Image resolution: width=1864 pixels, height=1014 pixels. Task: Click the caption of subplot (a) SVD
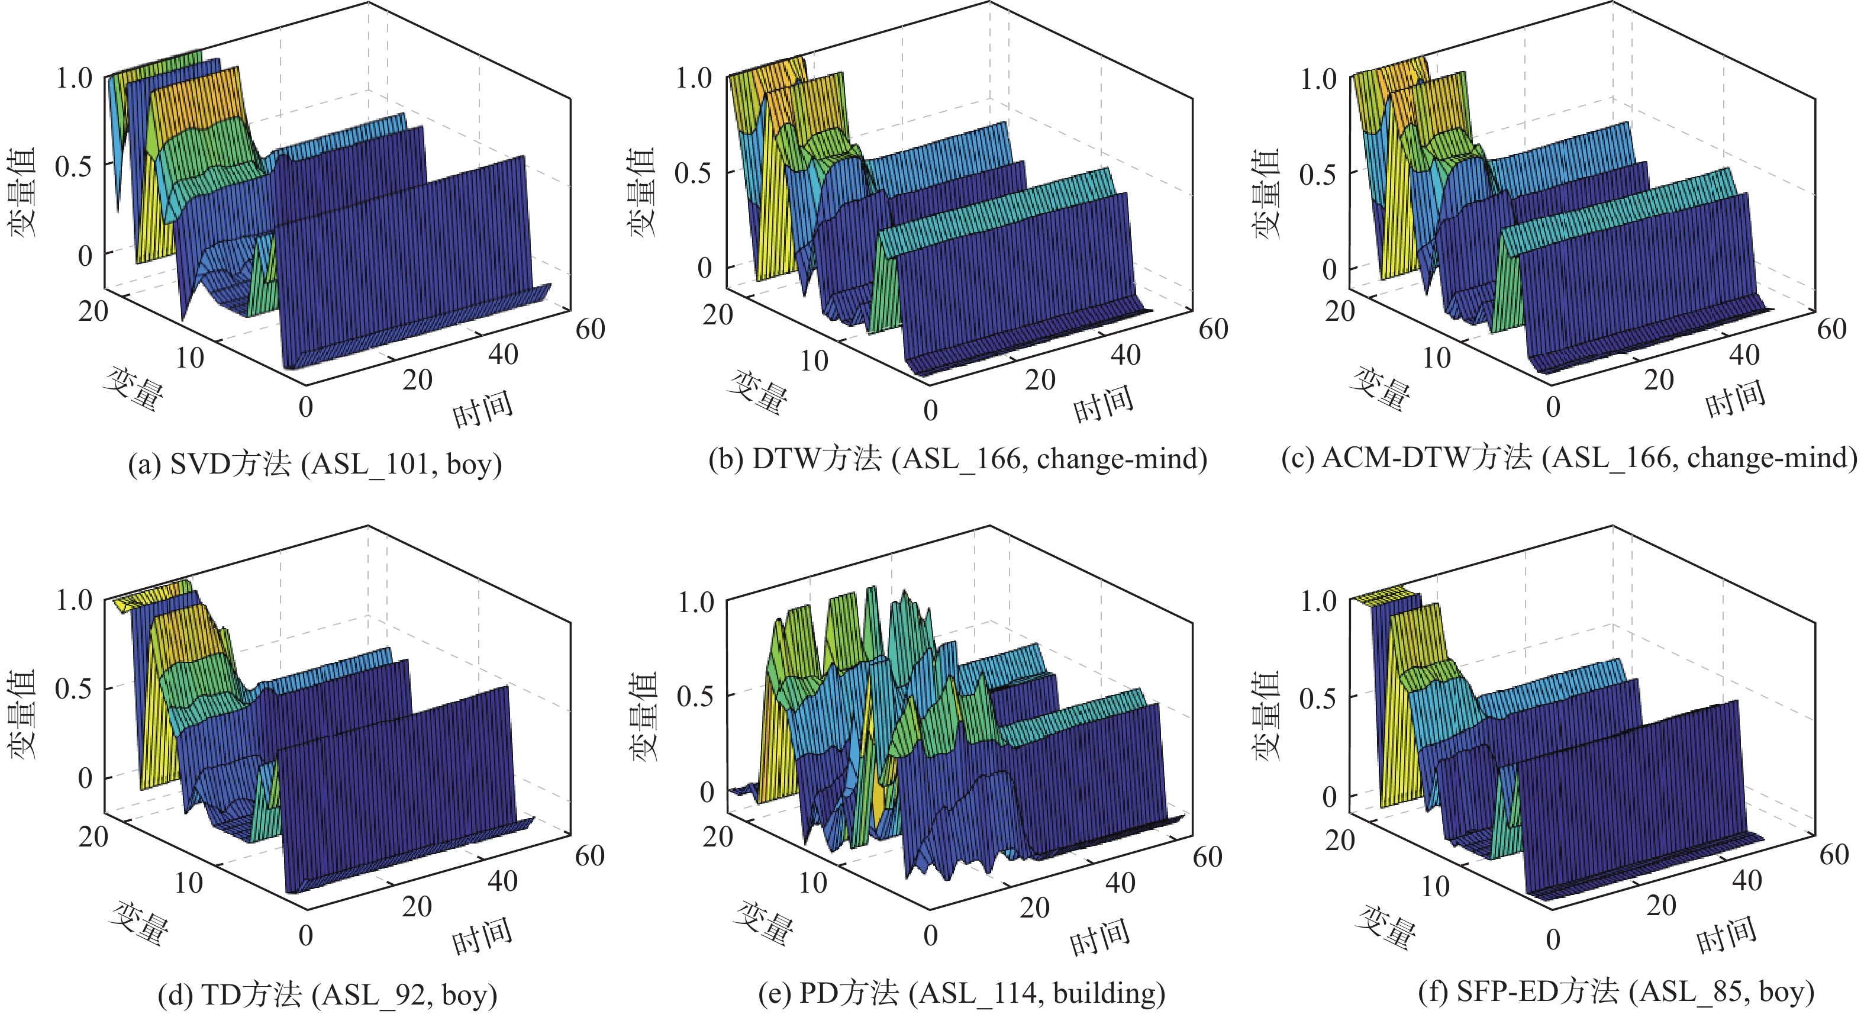(315, 464)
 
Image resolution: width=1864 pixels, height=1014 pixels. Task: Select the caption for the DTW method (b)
(957, 459)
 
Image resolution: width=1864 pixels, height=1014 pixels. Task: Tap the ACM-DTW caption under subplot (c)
(1569, 458)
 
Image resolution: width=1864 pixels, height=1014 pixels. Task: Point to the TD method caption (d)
(327, 994)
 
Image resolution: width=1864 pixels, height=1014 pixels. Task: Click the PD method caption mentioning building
(962, 993)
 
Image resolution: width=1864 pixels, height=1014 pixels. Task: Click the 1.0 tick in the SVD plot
(75, 78)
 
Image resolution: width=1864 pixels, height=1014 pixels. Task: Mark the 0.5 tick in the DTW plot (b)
(693, 173)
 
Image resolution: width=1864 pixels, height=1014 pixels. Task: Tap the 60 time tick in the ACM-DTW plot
(1831, 329)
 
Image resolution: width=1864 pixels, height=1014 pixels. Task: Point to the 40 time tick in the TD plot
(502, 881)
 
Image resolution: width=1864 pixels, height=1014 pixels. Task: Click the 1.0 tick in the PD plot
(695, 602)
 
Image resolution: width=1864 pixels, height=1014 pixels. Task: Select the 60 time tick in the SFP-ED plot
(1834, 855)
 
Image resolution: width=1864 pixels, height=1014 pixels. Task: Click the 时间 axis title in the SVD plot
(483, 409)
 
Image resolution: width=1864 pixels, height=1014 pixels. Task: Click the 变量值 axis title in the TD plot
(22, 714)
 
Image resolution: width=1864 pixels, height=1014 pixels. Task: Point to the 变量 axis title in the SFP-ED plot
(1385, 926)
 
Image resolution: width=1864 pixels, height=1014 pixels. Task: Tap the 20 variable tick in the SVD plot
(93, 312)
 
